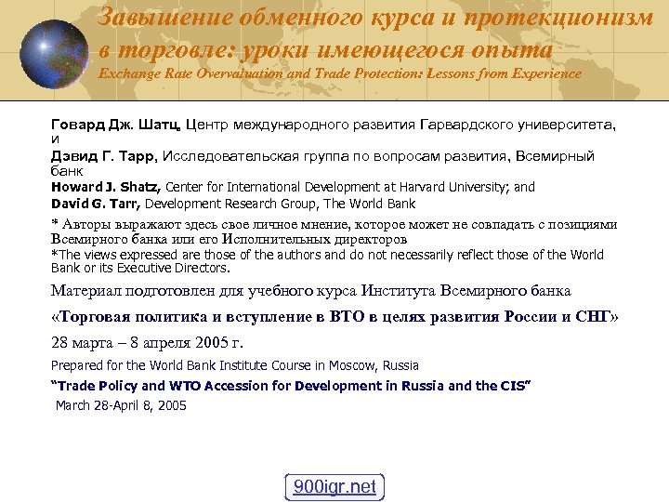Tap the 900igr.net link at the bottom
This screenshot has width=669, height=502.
click(x=334, y=486)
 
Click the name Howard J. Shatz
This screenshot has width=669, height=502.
click(x=106, y=187)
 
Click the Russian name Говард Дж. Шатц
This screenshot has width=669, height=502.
click(x=116, y=124)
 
